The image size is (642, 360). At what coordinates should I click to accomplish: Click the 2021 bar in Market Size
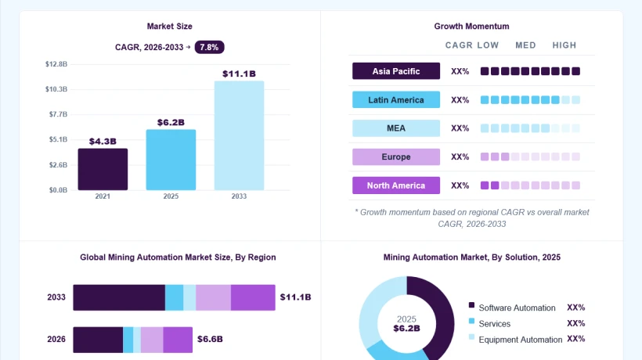click(103, 169)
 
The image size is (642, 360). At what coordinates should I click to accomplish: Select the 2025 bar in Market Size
click(171, 160)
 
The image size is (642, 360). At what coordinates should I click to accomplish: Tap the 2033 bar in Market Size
click(239, 135)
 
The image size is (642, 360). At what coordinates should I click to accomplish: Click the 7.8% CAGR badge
click(209, 47)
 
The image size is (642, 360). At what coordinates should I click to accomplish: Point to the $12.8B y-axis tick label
click(56, 64)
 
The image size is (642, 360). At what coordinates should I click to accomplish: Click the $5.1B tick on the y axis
click(58, 139)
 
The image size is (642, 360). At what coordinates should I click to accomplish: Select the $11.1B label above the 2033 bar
click(239, 74)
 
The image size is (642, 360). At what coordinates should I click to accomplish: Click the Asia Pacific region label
click(396, 71)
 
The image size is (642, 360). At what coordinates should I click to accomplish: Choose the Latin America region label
click(396, 100)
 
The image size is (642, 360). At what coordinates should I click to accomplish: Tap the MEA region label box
click(396, 128)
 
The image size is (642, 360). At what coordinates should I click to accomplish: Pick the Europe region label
click(396, 157)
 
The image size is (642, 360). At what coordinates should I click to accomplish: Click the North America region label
click(396, 185)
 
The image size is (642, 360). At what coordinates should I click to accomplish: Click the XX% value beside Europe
click(460, 157)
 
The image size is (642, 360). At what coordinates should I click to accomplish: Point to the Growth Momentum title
click(471, 26)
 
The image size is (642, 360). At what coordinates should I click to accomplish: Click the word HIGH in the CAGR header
click(564, 45)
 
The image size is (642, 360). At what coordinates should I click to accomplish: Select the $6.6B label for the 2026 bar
click(210, 339)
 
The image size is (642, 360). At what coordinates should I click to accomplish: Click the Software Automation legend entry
click(512, 308)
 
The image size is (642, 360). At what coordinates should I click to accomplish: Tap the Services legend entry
click(489, 323)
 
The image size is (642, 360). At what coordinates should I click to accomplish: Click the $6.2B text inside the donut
click(406, 328)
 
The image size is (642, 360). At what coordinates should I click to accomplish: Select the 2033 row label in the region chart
click(56, 297)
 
